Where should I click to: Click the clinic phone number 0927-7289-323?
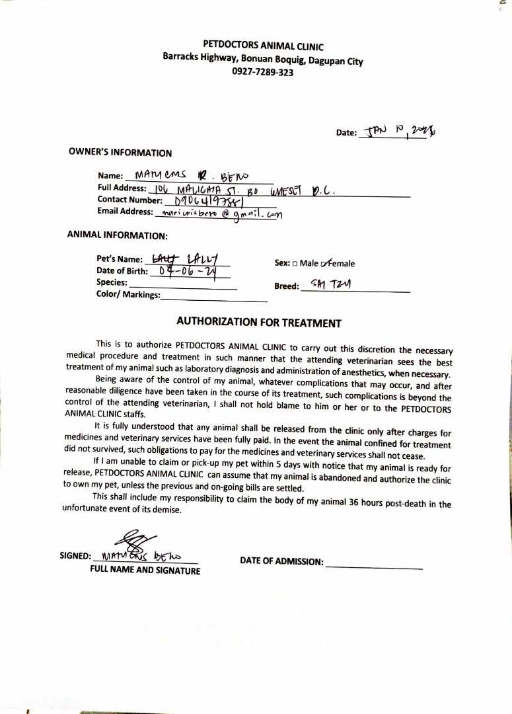(x=263, y=71)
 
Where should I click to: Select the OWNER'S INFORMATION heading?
(x=120, y=153)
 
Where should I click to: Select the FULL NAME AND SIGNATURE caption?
(x=145, y=571)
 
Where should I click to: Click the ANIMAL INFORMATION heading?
(x=118, y=235)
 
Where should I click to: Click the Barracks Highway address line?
(x=263, y=59)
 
